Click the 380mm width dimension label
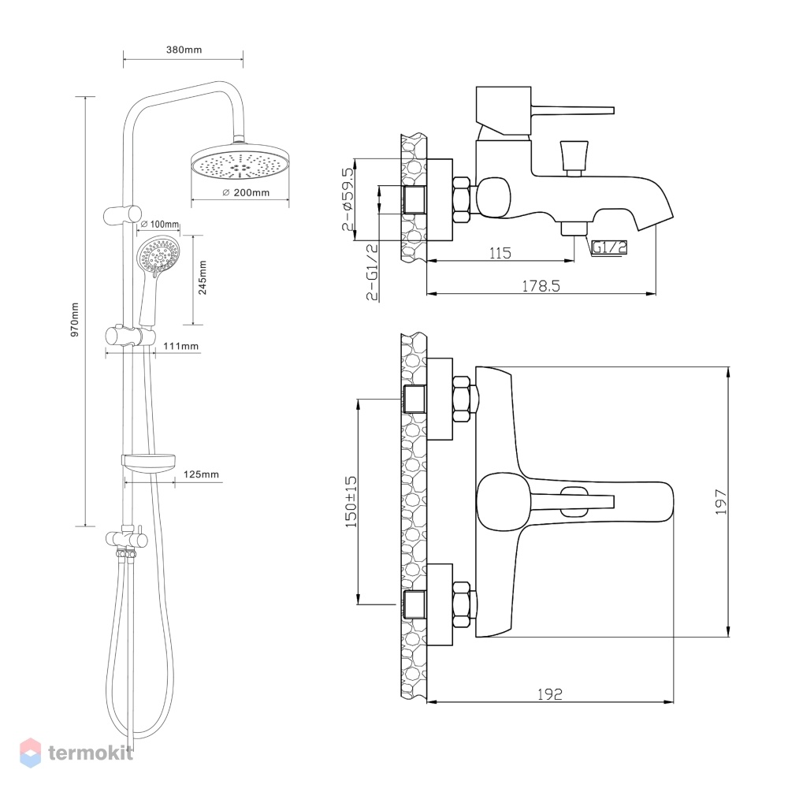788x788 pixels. tap(184, 50)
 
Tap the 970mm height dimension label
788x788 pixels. tap(76, 320)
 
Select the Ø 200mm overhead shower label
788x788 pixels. tap(246, 192)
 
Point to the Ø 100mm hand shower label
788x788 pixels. tap(159, 224)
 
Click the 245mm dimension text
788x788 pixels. tap(203, 277)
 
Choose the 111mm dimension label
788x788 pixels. tap(181, 346)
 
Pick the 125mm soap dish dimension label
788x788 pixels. tap(201, 474)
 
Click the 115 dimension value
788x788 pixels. tap(500, 253)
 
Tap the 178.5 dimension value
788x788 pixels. tap(541, 286)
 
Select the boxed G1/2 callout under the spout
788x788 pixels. tap(609, 247)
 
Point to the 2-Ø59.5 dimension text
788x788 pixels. tap(348, 199)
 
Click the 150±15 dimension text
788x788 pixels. tap(351, 501)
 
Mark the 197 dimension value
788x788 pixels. tap(721, 501)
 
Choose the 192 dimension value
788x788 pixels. tap(550, 694)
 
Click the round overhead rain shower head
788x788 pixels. tap(240, 162)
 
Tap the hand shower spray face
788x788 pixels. tap(159, 255)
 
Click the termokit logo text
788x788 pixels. tap(91, 753)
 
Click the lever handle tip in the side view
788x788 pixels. tap(612, 110)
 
